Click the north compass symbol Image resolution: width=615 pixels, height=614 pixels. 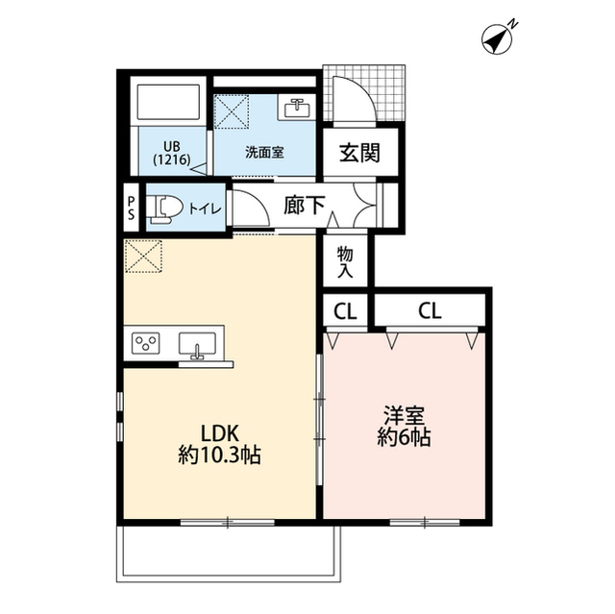[497, 39]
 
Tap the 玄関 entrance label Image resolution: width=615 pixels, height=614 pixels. [359, 153]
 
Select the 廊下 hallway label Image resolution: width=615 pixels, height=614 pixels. [305, 205]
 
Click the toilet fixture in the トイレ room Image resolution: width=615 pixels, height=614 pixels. [164, 209]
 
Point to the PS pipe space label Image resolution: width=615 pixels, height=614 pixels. [131, 208]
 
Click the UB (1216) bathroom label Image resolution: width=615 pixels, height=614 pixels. [172, 153]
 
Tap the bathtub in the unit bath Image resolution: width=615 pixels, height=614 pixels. [168, 102]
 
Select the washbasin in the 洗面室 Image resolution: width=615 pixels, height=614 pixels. [297, 107]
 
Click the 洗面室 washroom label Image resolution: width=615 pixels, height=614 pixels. [264, 152]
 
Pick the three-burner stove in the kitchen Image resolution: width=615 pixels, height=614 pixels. [146, 342]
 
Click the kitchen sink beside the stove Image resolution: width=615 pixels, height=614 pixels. [197, 344]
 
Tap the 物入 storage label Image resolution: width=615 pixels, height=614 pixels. [345, 262]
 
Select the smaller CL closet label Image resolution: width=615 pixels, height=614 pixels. [345, 311]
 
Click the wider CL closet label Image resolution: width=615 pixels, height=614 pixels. [430, 311]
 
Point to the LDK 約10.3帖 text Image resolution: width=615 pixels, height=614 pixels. [220, 445]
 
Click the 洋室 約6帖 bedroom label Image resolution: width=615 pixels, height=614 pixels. [404, 427]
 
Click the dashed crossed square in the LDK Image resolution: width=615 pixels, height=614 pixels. [143, 256]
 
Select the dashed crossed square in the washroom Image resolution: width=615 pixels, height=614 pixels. [232, 111]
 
